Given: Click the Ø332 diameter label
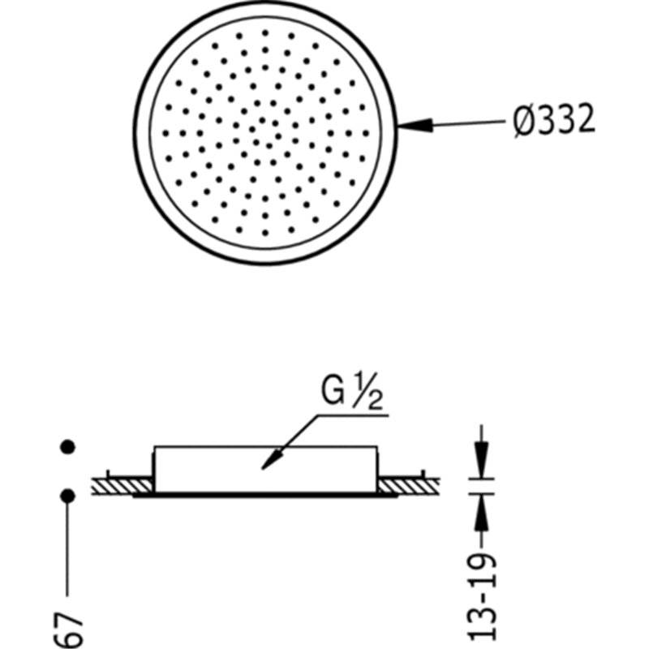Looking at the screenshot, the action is (554, 119).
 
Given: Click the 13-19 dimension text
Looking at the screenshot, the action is (482, 600).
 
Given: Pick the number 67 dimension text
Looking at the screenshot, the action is (68, 631).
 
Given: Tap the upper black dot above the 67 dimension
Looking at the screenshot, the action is (67, 447).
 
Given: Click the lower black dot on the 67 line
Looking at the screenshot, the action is (67, 496).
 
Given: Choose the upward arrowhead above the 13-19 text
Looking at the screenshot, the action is (481, 513).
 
